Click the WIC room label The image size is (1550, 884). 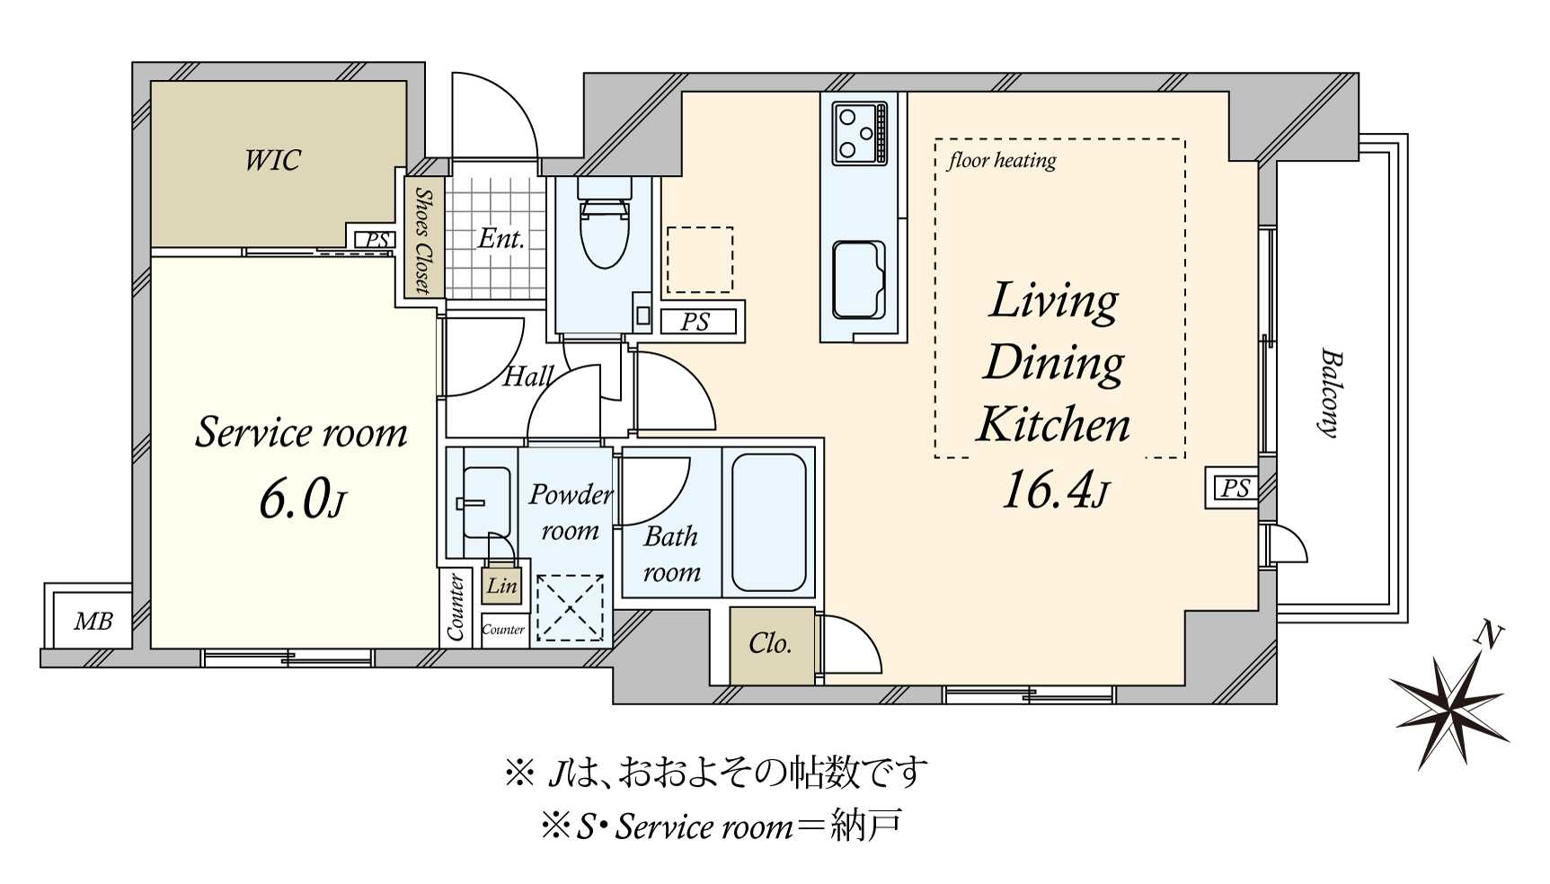click(272, 161)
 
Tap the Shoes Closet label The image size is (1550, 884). click(422, 240)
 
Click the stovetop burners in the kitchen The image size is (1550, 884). click(859, 134)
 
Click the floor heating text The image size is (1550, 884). click(1001, 161)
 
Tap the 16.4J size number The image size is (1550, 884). click(1055, 491)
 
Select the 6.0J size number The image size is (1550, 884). click(301, 499)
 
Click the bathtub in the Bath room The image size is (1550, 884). click(768, 522)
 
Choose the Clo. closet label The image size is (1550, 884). click(770, 643)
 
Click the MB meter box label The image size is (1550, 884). click(93, 621)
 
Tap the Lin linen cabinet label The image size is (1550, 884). click(501, 586)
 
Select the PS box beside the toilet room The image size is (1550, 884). click(696, 322)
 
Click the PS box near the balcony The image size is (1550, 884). click(1235, 488)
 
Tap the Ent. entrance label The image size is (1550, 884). click(500, 239)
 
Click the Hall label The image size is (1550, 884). click(527, 376)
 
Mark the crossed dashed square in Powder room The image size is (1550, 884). click(570, 608)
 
